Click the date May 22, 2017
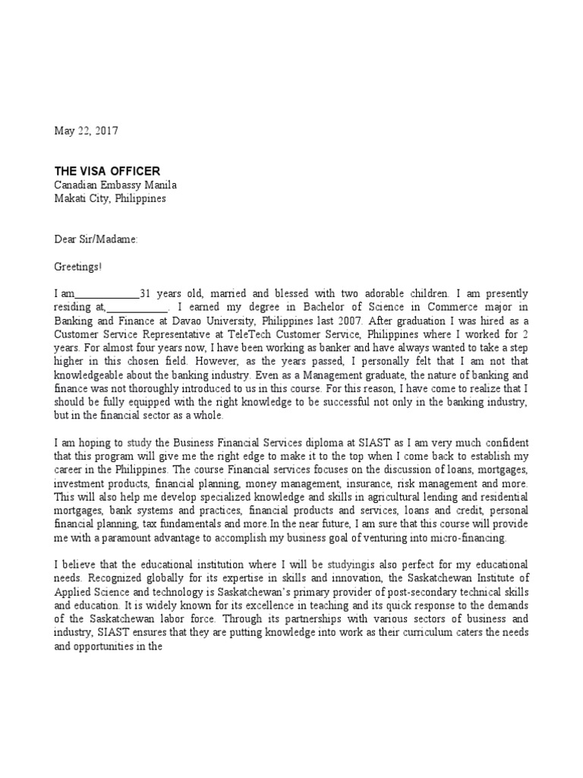[86, 131]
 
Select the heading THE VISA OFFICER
[106, 171]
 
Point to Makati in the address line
[73, 198]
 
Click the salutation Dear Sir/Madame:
[96, 239]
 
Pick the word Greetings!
[77, 267]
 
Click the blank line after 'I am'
[109, 294]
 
